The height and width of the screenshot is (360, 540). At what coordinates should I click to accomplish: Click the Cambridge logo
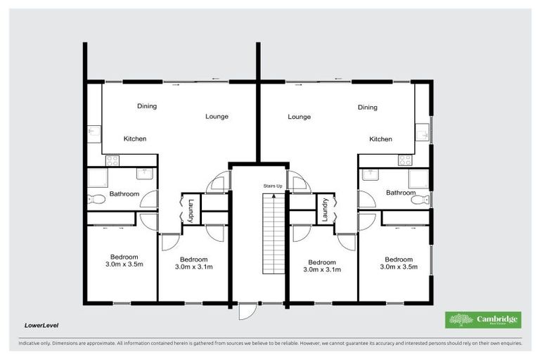tap(483, 320)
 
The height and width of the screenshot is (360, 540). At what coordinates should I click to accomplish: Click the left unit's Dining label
tap(146, 106)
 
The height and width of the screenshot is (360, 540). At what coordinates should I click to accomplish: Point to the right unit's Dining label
tap(367, 108)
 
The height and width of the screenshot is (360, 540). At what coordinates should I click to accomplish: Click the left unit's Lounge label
tap(217, 116)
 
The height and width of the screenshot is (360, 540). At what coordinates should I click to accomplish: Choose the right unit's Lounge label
tap(299, 117)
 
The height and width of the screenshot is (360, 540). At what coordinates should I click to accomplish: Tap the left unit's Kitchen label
tap(135, 139)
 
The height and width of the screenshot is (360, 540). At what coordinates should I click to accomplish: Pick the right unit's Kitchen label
tap(380, 139)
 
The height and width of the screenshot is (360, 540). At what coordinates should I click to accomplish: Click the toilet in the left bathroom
tap(97, 199)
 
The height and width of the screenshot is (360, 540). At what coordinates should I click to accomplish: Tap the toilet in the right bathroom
tap(419, 200)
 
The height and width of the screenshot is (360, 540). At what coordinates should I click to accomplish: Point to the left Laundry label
tap(191, 210)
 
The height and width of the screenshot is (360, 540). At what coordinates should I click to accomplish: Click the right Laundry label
tap(325, 210)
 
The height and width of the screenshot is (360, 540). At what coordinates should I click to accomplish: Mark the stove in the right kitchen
tap(405, 160)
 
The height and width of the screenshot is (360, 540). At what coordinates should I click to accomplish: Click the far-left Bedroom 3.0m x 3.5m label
tap(124, 261)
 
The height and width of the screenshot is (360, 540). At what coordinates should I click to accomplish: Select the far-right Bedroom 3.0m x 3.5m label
tap(399, 263)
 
